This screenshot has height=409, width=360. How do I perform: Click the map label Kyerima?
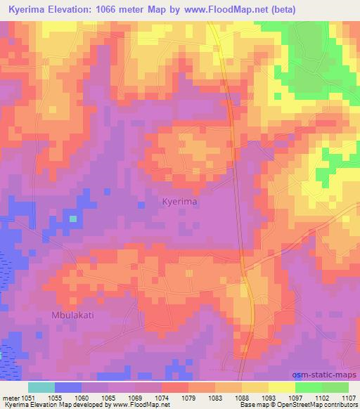(179, 201)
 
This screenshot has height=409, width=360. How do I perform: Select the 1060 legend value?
(82, 397)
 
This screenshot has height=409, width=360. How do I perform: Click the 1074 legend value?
(162, 397)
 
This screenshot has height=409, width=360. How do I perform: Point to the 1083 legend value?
(215, 397)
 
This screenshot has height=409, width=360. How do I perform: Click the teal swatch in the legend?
(41, 387)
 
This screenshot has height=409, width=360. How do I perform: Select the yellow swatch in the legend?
(282, 387)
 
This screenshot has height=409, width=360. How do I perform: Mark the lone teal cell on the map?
(73, 219)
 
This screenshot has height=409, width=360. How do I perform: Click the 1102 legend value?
(321, 397)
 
